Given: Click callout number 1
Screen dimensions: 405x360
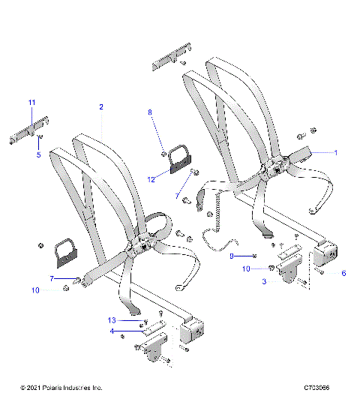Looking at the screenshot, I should click(x=336, y=152).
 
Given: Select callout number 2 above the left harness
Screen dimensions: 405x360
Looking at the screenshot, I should click(x=101, y=107).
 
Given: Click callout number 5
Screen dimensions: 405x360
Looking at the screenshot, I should click(x=39, y=155).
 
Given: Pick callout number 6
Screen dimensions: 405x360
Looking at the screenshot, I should click(x=343, y=273).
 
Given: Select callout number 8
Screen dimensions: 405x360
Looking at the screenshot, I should click(x=149, y=112).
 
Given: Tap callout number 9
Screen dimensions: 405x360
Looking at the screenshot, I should click(x=232, y=256).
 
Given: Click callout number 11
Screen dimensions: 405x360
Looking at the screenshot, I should click(x=31, y=102).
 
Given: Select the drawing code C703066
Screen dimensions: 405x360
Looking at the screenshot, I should click(x=318, y=387).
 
